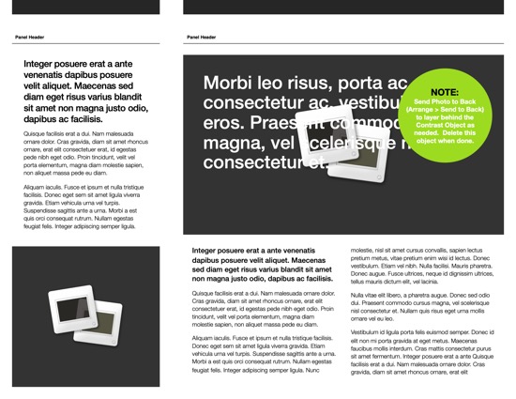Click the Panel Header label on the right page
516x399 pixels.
202,38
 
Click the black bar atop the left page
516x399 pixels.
80,7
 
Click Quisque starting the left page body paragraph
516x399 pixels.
36,134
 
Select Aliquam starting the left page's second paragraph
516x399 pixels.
36,188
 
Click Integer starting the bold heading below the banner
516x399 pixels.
208,252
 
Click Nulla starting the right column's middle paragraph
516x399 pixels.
358,295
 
